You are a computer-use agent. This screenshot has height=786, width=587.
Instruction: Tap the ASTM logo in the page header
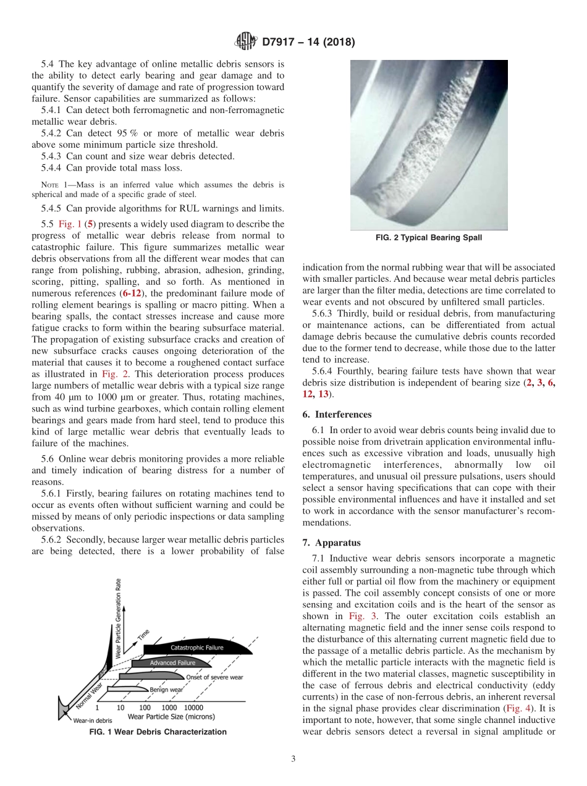(x=245, y=42)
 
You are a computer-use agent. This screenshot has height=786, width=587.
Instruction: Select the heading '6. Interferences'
(x=337, y=415)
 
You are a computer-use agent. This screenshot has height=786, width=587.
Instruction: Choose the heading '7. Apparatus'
(x=332, y=543)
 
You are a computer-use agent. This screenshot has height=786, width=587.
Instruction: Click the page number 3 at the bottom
(x=293, y=759)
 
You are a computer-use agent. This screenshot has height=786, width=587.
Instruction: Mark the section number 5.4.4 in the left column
(x=53, y=167)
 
